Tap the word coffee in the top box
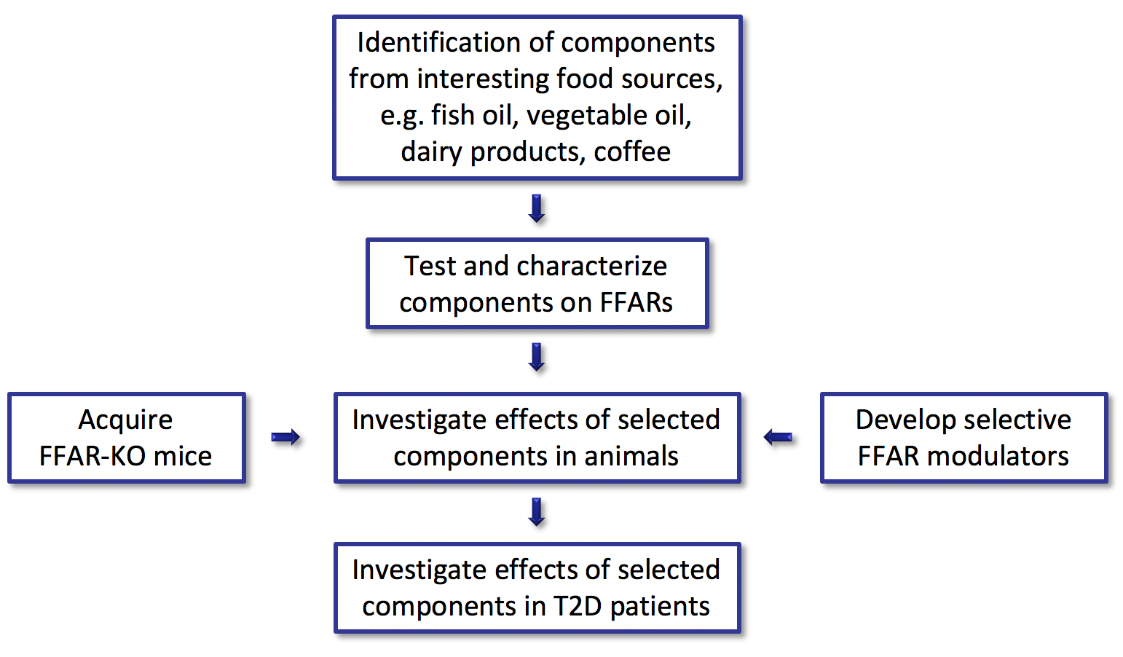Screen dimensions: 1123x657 [632, 152]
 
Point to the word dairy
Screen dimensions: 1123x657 [431, 152]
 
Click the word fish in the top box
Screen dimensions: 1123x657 [453, 115]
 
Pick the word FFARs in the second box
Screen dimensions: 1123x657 [637, 302]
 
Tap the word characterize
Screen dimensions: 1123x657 [592, 266]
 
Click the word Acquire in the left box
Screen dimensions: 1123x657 [126, 420]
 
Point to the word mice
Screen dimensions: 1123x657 [183, 457]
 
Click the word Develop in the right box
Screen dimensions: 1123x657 [905, 420]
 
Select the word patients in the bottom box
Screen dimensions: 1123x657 [661, 607]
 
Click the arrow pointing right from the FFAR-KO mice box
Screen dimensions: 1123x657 [285, 438]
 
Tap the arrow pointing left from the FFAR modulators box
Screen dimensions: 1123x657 [778, 438]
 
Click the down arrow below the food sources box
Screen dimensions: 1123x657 [537, 208]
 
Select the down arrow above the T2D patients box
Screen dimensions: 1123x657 [537, 512]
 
